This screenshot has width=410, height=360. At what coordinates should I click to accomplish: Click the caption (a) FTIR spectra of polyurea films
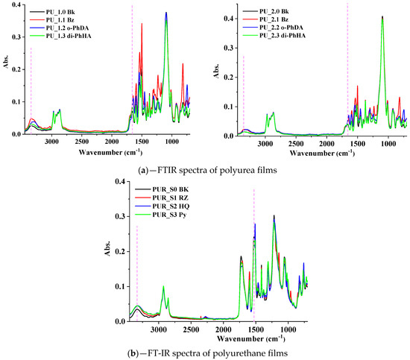205,171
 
